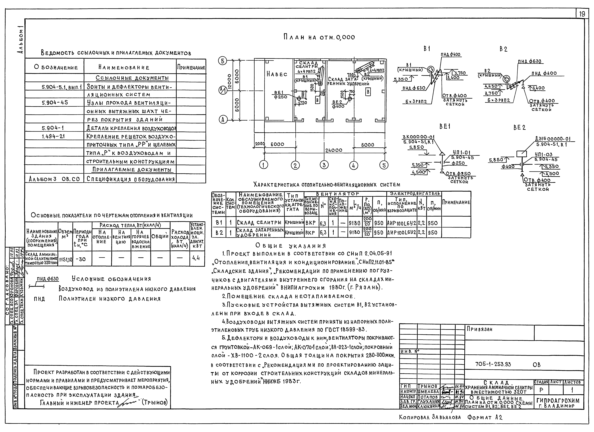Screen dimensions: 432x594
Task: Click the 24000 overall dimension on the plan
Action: pos(334,150)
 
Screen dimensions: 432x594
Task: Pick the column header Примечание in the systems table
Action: pos(456,202)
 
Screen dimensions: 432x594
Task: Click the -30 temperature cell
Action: pos(82,259)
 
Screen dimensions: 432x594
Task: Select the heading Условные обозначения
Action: pos(111,279)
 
